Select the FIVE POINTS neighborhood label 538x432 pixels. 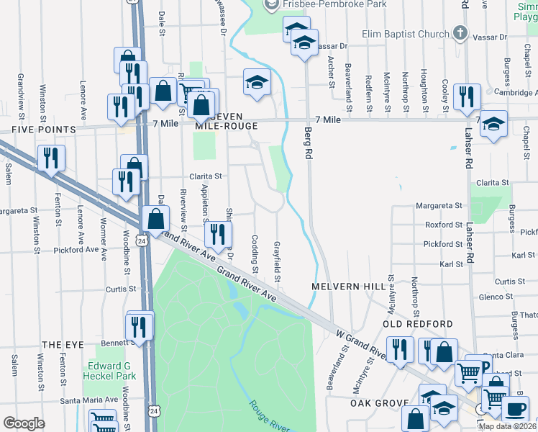coord(43,130)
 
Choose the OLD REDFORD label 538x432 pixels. coord(408,324)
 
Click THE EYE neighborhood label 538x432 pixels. coord(59,346)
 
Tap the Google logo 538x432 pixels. coord(23,423)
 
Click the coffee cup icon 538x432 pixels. coord(514,410)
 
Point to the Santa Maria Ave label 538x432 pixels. coord(88,400)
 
